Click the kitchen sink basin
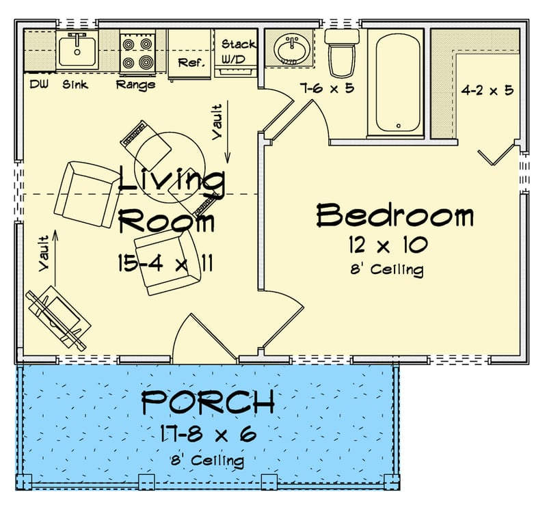coord(77,50)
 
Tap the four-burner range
coord(137,53)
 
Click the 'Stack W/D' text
coord(238,51)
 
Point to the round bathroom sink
coord(293,49)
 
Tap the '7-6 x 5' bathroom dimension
coord(326,87)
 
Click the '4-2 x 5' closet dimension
coord(487,90)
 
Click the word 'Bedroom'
coord(395,215)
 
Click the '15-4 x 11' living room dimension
coord(165,264)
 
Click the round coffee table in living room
coord(169,163)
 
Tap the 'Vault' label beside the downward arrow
coord(217,122)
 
